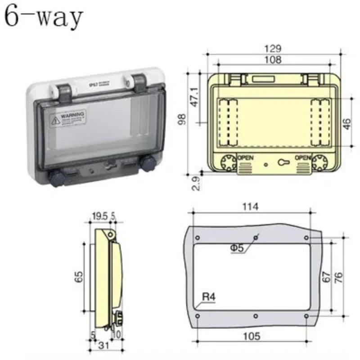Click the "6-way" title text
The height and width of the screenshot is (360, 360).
[x=44, y=18]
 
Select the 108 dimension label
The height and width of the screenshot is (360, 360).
[x=273, y=59]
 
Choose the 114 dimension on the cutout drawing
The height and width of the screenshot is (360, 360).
[x=250, y=207]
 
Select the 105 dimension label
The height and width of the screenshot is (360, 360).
[x=251, y=336]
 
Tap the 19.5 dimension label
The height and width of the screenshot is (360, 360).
[x=99, y=216]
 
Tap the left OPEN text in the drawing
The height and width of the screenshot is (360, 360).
[x=245, y=157]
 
